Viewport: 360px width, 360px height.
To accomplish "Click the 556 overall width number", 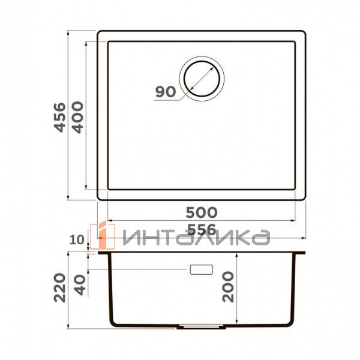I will point(201,229).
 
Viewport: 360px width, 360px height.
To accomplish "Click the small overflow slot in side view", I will point(202,269).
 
